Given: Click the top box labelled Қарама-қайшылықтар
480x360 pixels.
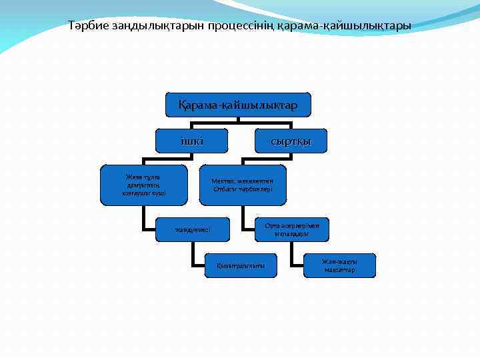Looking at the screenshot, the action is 238,105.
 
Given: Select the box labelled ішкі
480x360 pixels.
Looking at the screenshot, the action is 192,140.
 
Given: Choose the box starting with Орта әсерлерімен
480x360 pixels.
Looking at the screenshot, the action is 291,230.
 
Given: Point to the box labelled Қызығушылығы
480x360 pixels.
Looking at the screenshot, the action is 240,265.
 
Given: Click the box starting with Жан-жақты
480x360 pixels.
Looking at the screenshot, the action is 339,265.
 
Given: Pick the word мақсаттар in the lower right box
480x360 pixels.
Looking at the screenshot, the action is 339,270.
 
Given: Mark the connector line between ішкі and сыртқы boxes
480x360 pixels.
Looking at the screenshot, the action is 240,123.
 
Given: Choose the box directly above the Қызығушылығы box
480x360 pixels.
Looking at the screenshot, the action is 192,230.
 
